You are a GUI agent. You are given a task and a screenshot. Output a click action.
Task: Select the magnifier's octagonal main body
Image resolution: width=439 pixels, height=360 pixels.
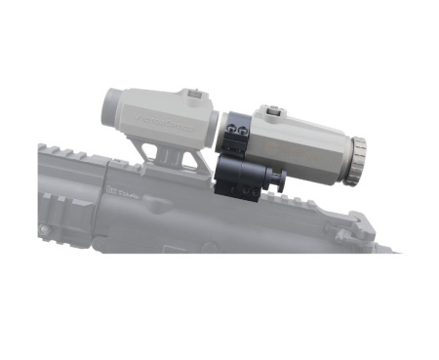[x=307, y=143]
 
